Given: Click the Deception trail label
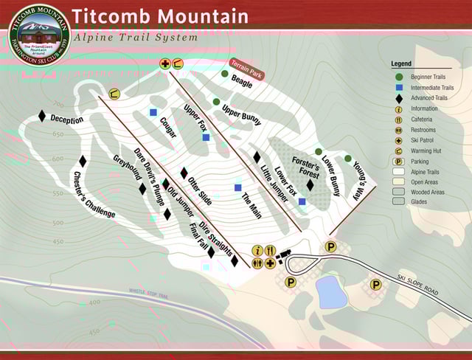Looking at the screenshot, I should click(x=67, y=120).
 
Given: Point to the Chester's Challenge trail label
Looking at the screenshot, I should click(x=94, y=195).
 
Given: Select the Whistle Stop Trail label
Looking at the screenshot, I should click(x=149, y=295).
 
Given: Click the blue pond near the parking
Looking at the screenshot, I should click(x=332, y=293).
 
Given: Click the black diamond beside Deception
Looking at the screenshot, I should click(x=42, y=116).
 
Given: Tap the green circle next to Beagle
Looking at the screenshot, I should click(x=224, y=74).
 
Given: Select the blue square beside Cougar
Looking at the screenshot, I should click(x=153, y=113).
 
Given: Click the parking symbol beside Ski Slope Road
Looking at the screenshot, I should click(x=375, y=284).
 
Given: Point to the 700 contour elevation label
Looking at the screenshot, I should click(x=58, y=104).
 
